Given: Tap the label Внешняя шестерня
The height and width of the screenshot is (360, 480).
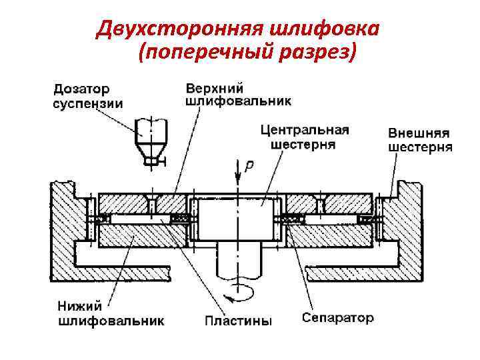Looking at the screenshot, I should click(420, 140).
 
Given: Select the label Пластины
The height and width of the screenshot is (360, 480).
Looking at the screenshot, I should click(238, 321).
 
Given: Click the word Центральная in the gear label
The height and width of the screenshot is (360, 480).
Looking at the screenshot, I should click(305, 130).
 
